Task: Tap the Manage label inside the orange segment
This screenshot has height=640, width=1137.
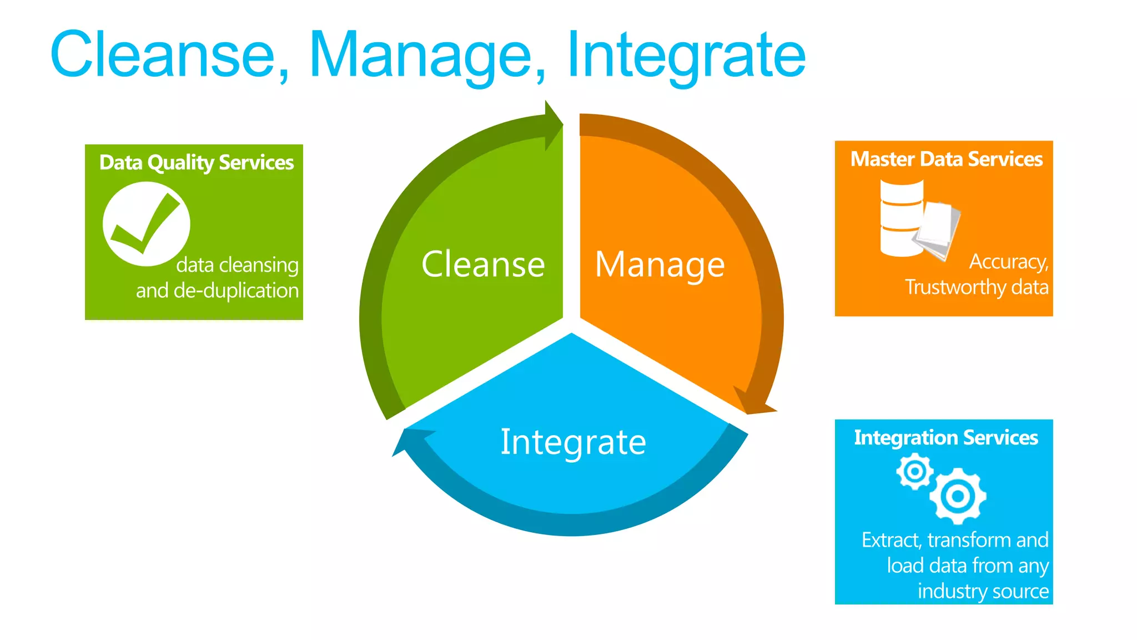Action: coord(660,264)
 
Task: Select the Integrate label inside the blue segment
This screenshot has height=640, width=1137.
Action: coord(573,442)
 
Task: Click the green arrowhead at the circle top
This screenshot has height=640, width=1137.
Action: coord(553,124)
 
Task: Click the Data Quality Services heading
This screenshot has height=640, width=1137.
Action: coord(196,162)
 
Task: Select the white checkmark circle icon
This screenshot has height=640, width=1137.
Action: coord(147,224)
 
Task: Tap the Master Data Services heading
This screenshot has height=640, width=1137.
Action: coord(946,159)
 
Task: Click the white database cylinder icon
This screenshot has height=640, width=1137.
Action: coord(901,218)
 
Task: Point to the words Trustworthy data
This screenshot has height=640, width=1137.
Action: coord(977,287)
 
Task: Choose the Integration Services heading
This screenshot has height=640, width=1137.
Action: coord(945,438)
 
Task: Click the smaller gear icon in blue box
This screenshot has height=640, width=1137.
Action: coord(914,472)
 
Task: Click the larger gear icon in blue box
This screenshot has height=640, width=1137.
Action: coord(958,496)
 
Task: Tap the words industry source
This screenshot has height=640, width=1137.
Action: coord(983,591)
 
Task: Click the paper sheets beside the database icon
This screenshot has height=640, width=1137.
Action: coord(939,229)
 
